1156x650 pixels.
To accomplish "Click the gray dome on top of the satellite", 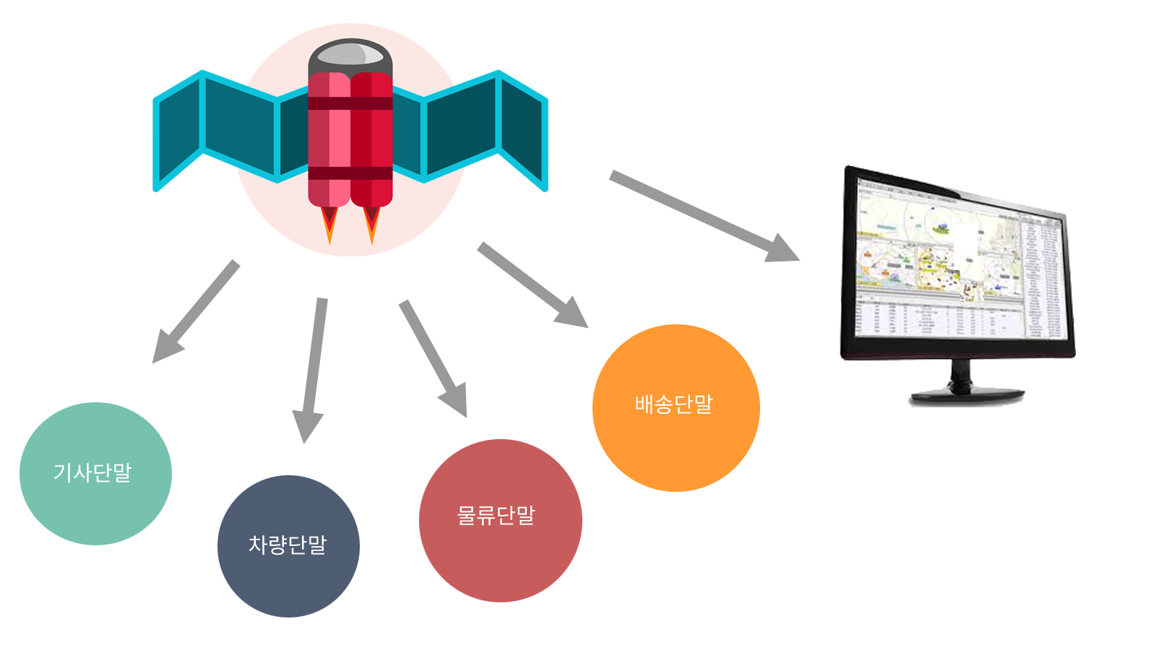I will (x=350, y=54).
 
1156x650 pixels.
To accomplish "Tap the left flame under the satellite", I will (x=329, y=222).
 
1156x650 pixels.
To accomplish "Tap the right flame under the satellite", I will (x=371, y=222).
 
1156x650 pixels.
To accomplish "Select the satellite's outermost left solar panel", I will (x=179, y=130).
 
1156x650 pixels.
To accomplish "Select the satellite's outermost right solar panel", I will (x=522, y=130).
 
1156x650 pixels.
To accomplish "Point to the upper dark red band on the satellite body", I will (x=350, y=103).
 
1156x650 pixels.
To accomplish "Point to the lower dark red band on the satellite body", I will (x=350, y=173).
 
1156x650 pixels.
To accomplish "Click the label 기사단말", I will (x=92, y=472).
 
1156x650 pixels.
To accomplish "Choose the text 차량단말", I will (x=288, y=545).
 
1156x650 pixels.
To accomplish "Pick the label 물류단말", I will (x=496, y=516).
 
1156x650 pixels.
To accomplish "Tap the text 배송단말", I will (x=674, y=404).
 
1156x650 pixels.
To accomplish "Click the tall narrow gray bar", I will (x=310, y=370).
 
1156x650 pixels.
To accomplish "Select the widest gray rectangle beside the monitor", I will (x=703, y=215).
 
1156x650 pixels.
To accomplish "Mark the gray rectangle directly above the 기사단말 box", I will (x=197, y=311).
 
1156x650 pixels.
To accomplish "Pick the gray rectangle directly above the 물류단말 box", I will (x=433, y=358).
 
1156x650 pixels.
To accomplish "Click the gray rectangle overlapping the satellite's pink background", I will (x=532, y=285).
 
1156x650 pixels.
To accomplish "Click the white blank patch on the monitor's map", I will (x=965, y=246).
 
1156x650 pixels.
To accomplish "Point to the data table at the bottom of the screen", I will (x=939, y=318).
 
